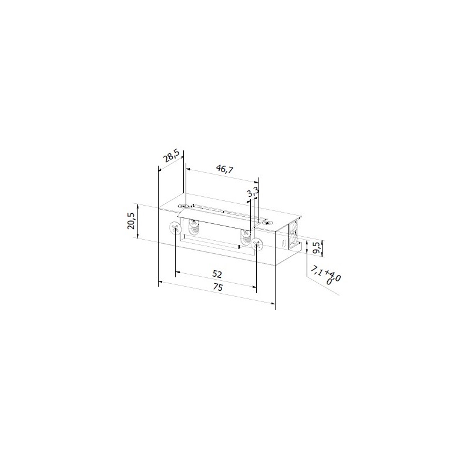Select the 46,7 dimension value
225,169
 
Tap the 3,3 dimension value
253,192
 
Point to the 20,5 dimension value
131,221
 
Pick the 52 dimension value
217,274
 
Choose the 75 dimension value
218,287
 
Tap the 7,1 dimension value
317,270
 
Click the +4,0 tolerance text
333,276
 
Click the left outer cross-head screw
176,229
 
